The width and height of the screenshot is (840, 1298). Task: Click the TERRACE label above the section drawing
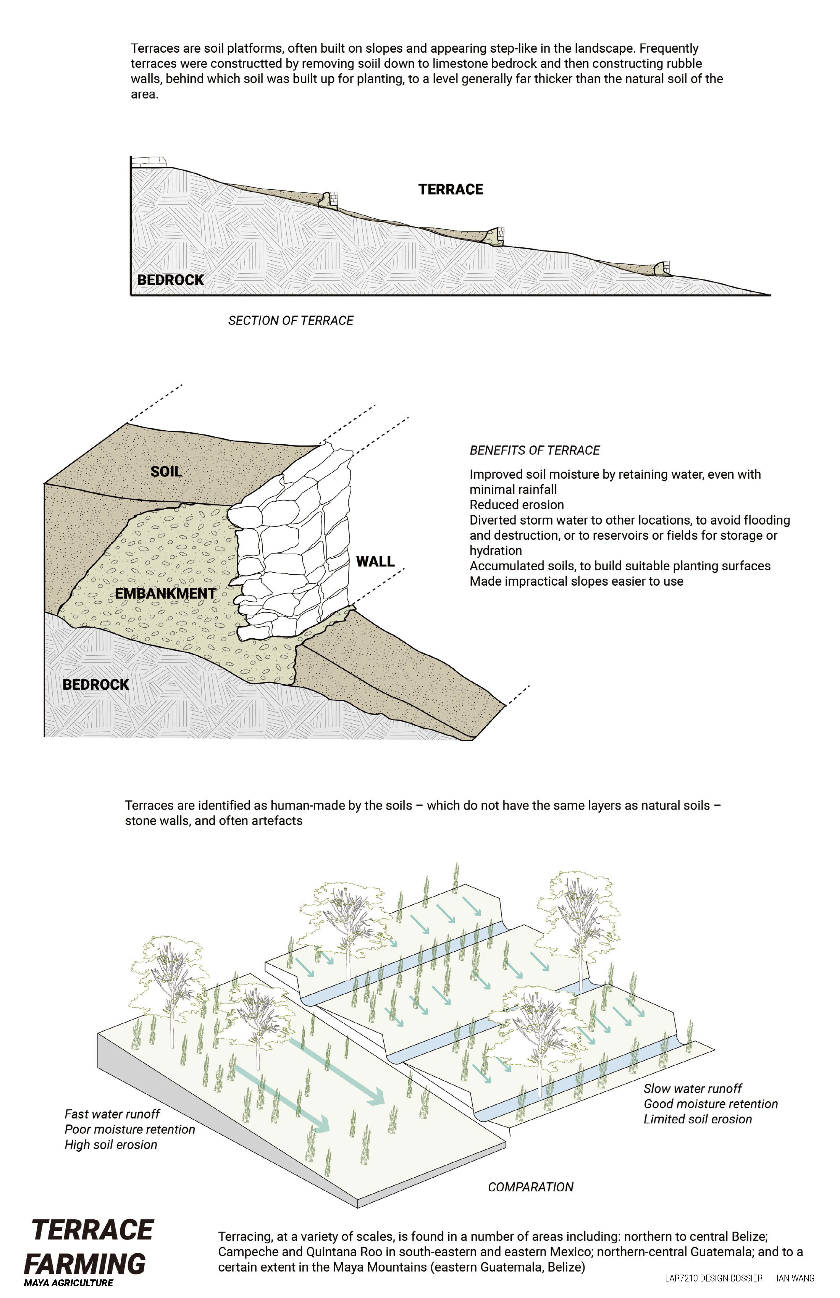(451, 189)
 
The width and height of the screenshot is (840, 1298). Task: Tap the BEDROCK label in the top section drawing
(170, 280)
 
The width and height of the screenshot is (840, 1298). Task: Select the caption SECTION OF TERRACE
(291, 321)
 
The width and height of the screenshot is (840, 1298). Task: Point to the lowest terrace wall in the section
(663, 268)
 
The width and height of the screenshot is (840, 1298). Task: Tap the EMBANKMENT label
(165, 593)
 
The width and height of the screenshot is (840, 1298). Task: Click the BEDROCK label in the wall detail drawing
(96, 684)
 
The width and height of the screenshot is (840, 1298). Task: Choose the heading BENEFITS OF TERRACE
(535, 450)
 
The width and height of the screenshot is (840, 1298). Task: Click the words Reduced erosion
(516, 505)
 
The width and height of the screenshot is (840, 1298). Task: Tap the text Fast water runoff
(112, 1114)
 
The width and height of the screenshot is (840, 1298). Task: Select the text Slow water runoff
(693, 1089)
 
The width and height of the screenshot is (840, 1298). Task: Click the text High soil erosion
(111, 1145)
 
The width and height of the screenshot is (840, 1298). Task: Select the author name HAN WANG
(794, 1278)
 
